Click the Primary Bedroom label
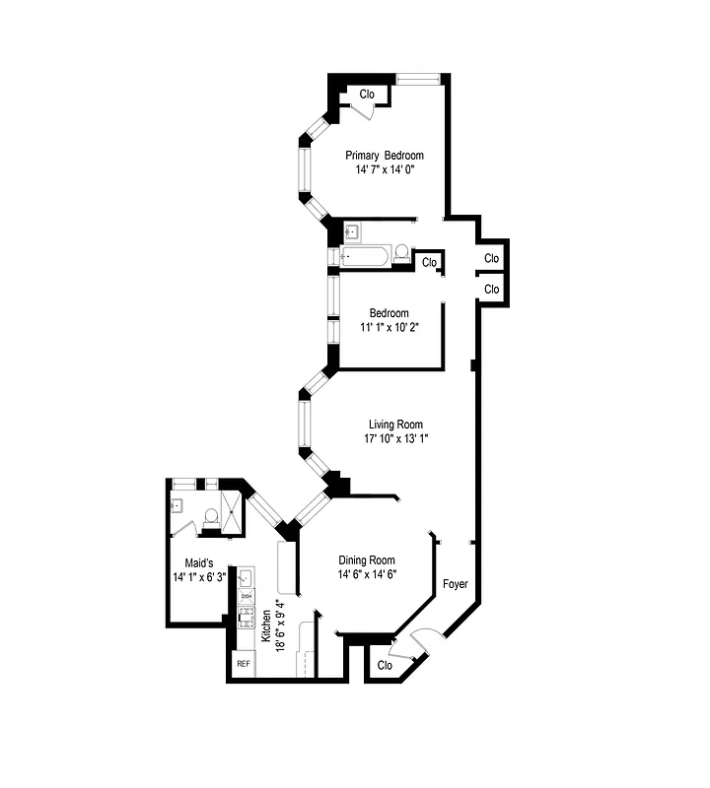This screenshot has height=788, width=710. point(384,156)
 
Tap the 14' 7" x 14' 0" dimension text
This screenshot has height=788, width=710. point(384,169)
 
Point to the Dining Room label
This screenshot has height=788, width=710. point(367,560)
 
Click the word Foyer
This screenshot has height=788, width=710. point(455,584)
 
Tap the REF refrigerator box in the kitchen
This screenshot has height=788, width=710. point(243,665)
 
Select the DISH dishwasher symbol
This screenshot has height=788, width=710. point(247,597)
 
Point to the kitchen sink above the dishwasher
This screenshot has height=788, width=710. point(247,578)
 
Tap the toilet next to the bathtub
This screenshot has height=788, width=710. point(401,255)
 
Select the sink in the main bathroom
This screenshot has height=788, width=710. point(352,232)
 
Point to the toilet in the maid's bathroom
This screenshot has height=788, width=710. point(208,514)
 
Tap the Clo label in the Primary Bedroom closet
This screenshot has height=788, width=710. point(367,95)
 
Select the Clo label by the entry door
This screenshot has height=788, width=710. point(385,665)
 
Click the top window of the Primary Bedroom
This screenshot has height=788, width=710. point(418,77)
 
